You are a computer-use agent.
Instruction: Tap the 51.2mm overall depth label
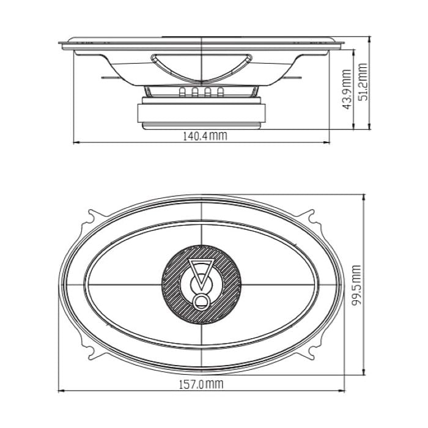click(363, 82)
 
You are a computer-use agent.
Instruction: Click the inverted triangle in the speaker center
click(201, 269)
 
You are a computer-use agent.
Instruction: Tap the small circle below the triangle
click(201, 301)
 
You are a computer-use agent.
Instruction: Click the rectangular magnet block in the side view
click(201, 114)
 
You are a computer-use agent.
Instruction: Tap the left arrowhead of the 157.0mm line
click(61, 391)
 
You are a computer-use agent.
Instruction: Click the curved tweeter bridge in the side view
click(201, 61)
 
